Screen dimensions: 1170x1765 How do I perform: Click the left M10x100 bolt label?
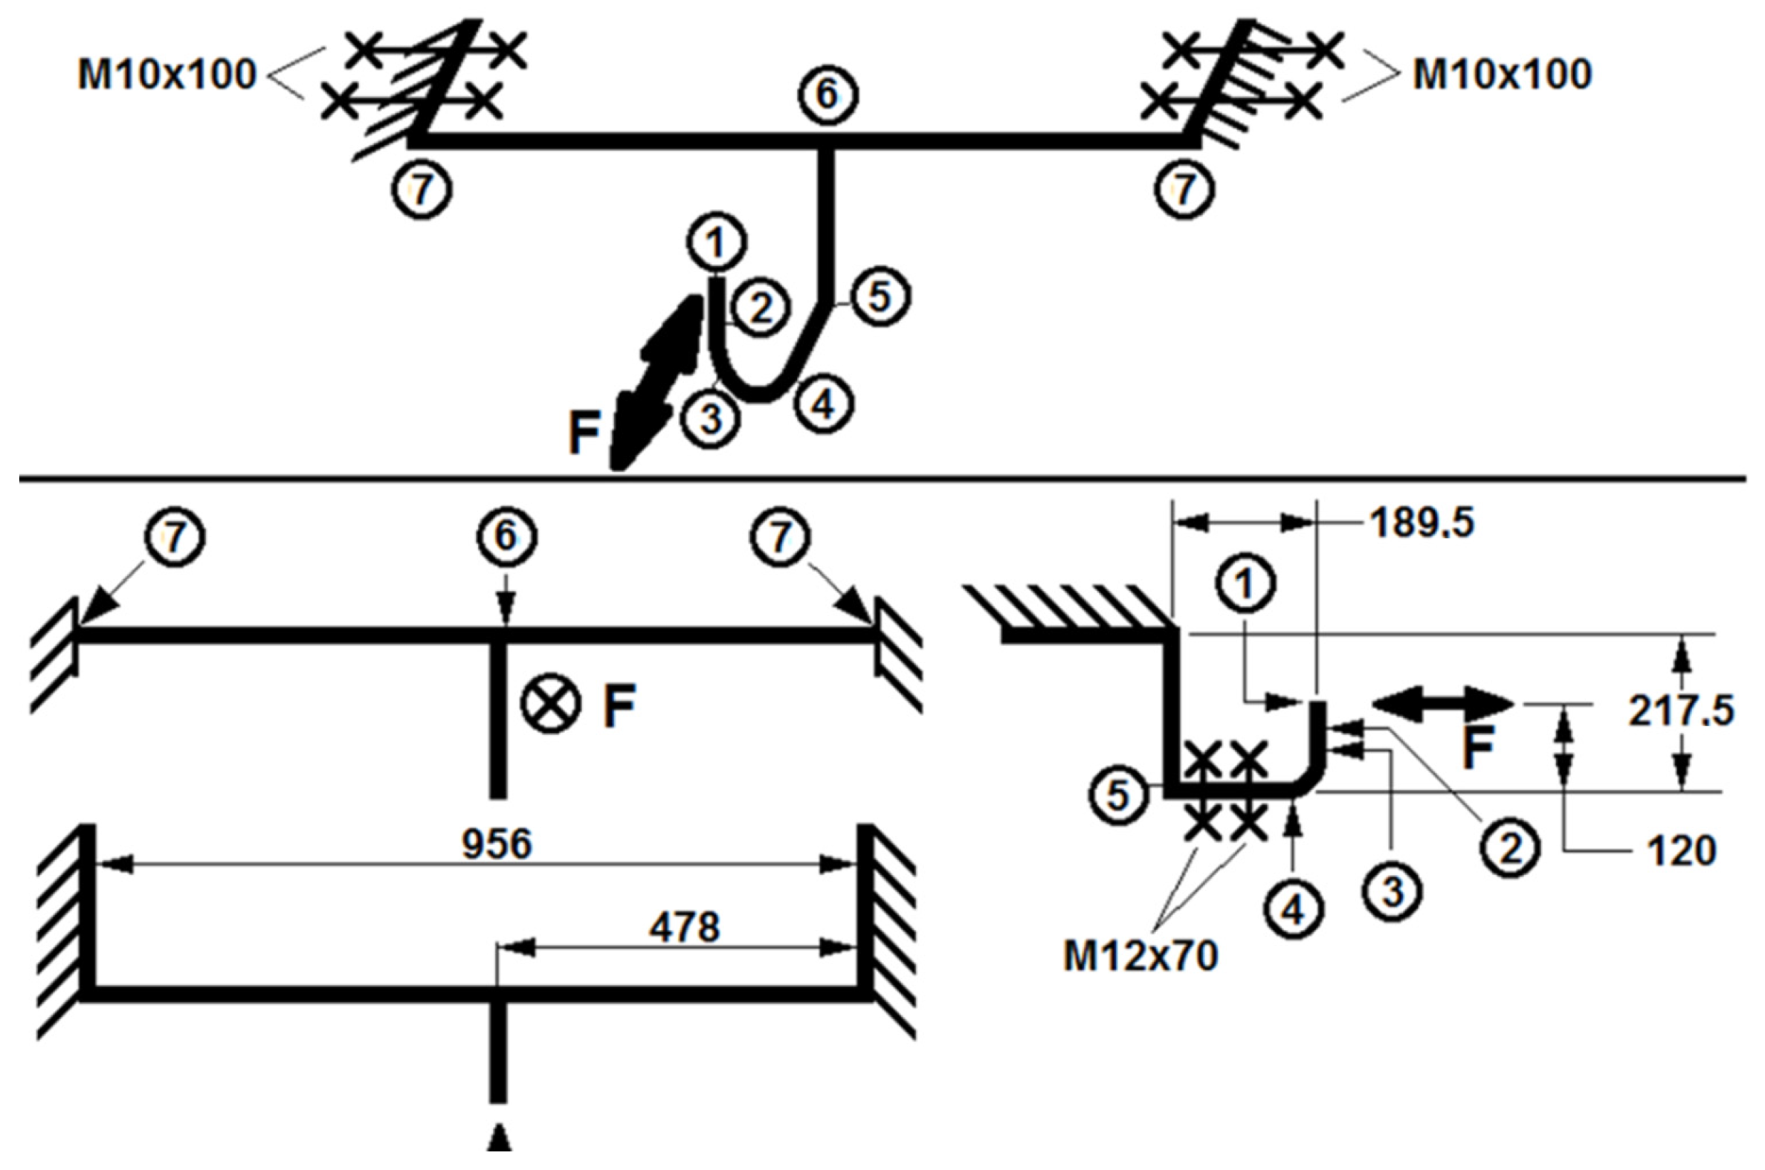pyautogui.click(x=167, y=75)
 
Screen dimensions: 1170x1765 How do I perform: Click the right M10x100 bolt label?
pyautogui.click(x=1503, y=75)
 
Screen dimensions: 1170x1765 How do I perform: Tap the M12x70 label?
pyautogui.click(x=1140, y=956)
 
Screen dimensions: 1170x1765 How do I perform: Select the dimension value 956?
pyautogui.click(x=497, y=844)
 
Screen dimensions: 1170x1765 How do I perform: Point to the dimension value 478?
pyautogui.click(x=683, y=928)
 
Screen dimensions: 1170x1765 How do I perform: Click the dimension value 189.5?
pyautogui.click(x=1422, y=524)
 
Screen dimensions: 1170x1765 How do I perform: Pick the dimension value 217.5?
pyautogui.click(x=1681, y=711)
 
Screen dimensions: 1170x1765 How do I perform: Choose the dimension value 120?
pyautogui.click(x=1682, y=850)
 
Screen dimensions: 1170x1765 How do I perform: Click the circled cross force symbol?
pyautogui.click(x=551, y=704)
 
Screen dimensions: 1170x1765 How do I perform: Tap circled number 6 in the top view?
pyautogui.click(x=827, y=95)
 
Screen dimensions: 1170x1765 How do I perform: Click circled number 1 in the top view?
pyautogui.click(x=717, y=243)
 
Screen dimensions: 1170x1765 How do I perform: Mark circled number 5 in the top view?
pyautogui.click(x=880, y=297)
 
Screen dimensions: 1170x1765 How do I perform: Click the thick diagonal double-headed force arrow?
pyautogui.click(x=655, y=382)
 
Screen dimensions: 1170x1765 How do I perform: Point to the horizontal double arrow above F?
pyautogui.click(x=1442, y=704)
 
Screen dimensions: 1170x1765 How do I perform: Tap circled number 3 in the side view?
pyautogui.click(x=1393, y=893)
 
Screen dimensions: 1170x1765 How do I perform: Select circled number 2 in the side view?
pyautogui.click(x=1511, y=849)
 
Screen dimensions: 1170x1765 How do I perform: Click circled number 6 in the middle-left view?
pyautogui.click(x=506, y=537)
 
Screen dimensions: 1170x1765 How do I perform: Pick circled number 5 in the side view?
pyautogui.click(x=1117, y=796)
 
